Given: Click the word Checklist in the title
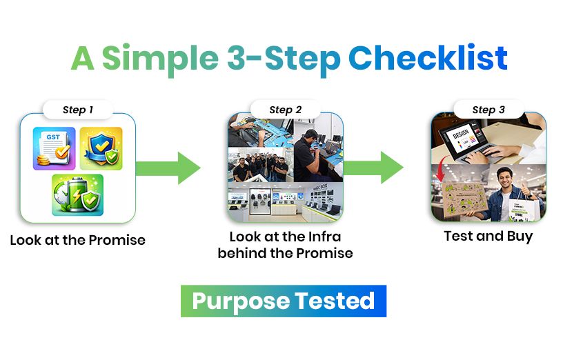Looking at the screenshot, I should [428, 59].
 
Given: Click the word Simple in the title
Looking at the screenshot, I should [161, 59].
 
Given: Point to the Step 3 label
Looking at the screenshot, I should [488, 110].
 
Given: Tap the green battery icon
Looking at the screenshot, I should [77, 194].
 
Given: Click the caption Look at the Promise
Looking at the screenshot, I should [77, 241].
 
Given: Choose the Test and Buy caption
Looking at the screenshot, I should [488, 237].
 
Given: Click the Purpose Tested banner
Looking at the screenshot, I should [283, 301].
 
